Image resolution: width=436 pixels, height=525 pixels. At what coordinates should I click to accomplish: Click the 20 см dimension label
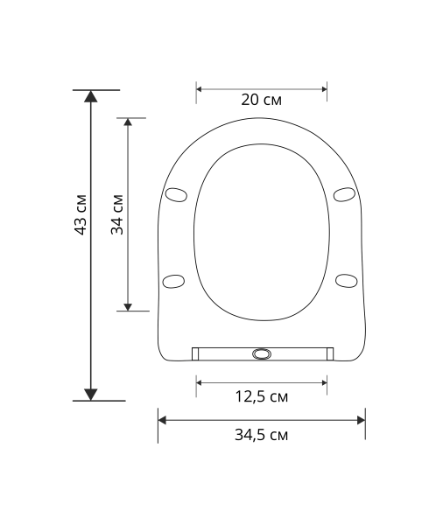(262, 100)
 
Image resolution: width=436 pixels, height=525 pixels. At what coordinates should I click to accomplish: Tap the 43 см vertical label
(81, 214)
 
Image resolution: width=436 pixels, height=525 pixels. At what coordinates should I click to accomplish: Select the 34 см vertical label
(117, 214)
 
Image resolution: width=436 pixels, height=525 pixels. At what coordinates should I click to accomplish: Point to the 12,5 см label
(262, 396)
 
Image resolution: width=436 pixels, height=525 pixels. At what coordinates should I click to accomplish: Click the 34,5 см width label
(262, 435)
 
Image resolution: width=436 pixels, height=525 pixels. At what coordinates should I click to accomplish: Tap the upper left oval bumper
(176, 194)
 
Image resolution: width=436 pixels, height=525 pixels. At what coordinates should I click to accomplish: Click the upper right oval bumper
(344, 194)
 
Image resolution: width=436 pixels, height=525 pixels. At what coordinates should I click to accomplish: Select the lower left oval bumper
(173, 281)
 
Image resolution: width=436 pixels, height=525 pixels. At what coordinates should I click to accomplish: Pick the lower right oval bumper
(347, 281)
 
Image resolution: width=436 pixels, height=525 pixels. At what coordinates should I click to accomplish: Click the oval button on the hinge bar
(262, 353)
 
